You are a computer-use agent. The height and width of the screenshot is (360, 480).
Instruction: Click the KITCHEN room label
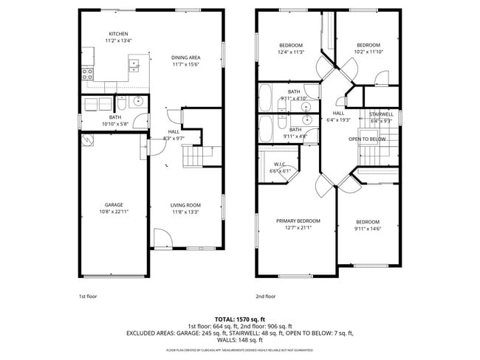(x=118, y=34)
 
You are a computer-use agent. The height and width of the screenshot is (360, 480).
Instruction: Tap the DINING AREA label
(x=185, y=58)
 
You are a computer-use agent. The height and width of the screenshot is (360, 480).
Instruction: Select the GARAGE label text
(x=114, y=205)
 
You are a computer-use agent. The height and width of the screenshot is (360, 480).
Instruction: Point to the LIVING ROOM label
(x=186, y=205)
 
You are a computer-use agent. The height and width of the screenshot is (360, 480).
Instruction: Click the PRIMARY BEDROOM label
(x=298, y=221)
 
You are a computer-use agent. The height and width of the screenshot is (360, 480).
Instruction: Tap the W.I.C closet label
(x=279, y=164)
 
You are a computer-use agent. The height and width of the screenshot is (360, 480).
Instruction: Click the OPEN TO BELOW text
(x=367, y=139)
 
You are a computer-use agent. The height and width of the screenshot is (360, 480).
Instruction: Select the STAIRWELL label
(x=381, y=114)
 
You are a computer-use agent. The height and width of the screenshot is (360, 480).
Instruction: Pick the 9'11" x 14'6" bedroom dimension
(x=367, y=229)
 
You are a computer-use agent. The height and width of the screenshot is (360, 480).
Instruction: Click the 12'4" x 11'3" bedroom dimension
(x=291, y=52)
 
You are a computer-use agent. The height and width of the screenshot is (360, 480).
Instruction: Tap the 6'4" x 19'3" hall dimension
(x=338, y=120)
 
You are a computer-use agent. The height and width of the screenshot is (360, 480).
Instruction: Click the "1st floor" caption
(x=87, y=296)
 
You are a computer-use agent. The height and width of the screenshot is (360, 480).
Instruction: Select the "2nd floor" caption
(x=265, y=296)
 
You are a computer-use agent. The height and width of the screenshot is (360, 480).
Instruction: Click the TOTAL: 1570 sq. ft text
(x=239, y=317)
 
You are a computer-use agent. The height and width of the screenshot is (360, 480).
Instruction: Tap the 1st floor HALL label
(x=174, y=131)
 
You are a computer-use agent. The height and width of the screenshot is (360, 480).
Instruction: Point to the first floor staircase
(x=193, y=157)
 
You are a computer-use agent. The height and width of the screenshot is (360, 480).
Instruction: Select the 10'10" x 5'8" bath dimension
(x=115, y=124)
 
